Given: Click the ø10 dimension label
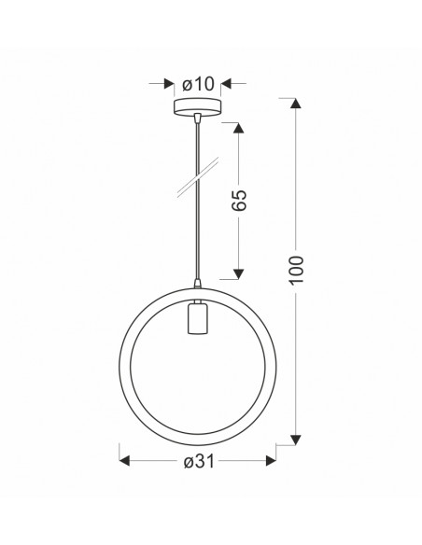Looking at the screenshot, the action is tap(198, 84).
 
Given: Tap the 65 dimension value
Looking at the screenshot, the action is tap(239, 201).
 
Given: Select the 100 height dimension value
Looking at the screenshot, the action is tap(296, 270).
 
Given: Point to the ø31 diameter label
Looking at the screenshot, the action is tap(199, 461).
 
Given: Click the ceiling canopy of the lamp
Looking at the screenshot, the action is tap(197, 106).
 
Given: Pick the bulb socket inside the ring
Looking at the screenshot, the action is tap(197, 317).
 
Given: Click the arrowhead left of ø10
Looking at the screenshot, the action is tap(169, 84).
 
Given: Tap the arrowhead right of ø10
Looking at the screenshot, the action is tap(226, 84).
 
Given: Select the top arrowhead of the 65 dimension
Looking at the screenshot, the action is tap(238, 128).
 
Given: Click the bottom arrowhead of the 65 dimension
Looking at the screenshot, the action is tap(238, 273).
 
